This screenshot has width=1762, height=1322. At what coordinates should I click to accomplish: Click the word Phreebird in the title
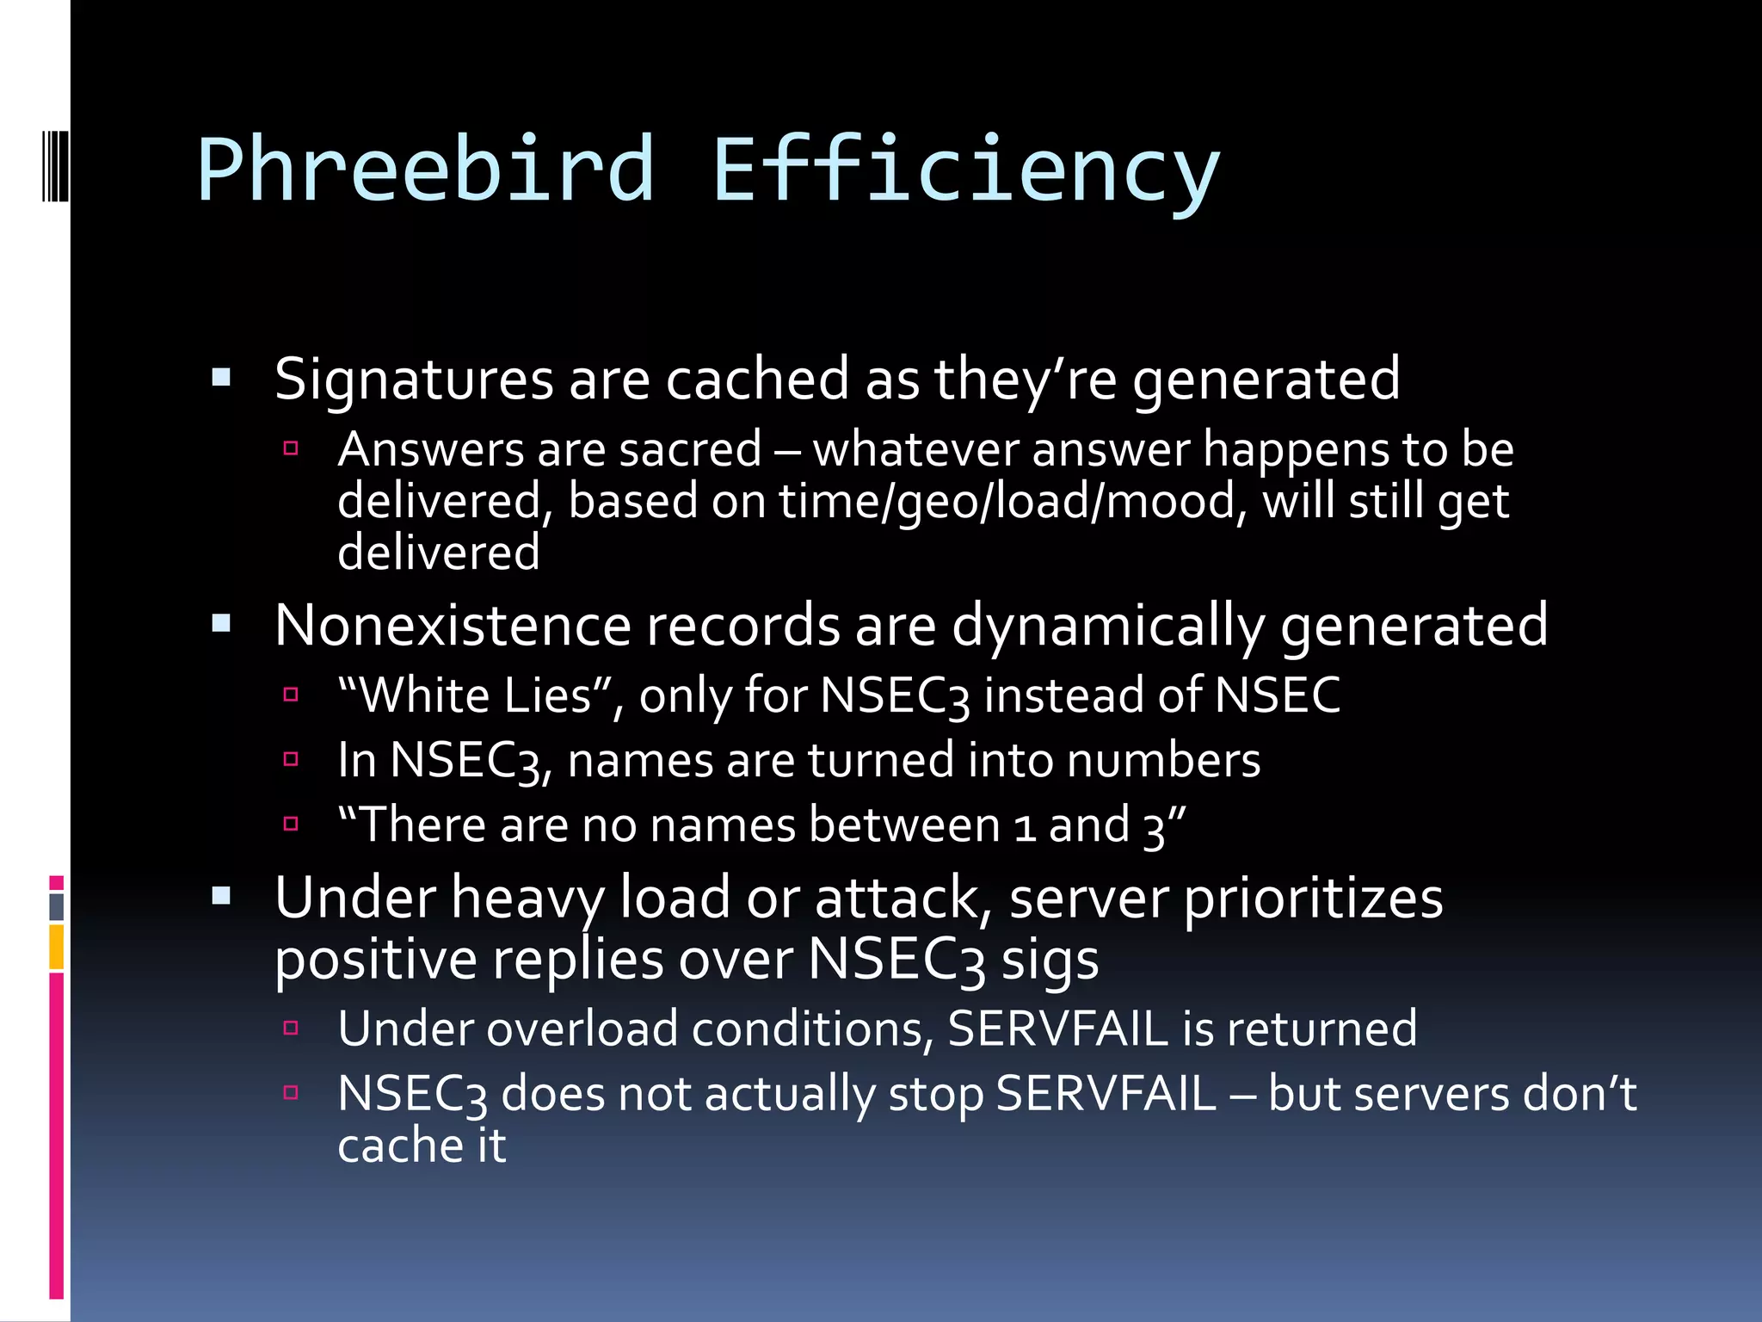coord(426,170)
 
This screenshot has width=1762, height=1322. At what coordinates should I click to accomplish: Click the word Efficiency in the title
coord(965,170)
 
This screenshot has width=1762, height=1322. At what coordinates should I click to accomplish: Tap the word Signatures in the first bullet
coord(414,380)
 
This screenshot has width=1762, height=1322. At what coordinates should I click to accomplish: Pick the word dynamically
coord(1108,627)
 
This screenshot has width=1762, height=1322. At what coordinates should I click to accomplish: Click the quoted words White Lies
coord(475,695)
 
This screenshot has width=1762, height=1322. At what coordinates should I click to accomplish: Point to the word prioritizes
coord(1313,898)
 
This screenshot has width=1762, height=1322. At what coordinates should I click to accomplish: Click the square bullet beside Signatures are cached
coord(221,378)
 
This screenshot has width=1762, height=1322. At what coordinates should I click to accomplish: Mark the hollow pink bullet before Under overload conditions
coord(291,1027)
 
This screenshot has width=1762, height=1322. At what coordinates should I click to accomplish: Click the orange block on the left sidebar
coord(57,947)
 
